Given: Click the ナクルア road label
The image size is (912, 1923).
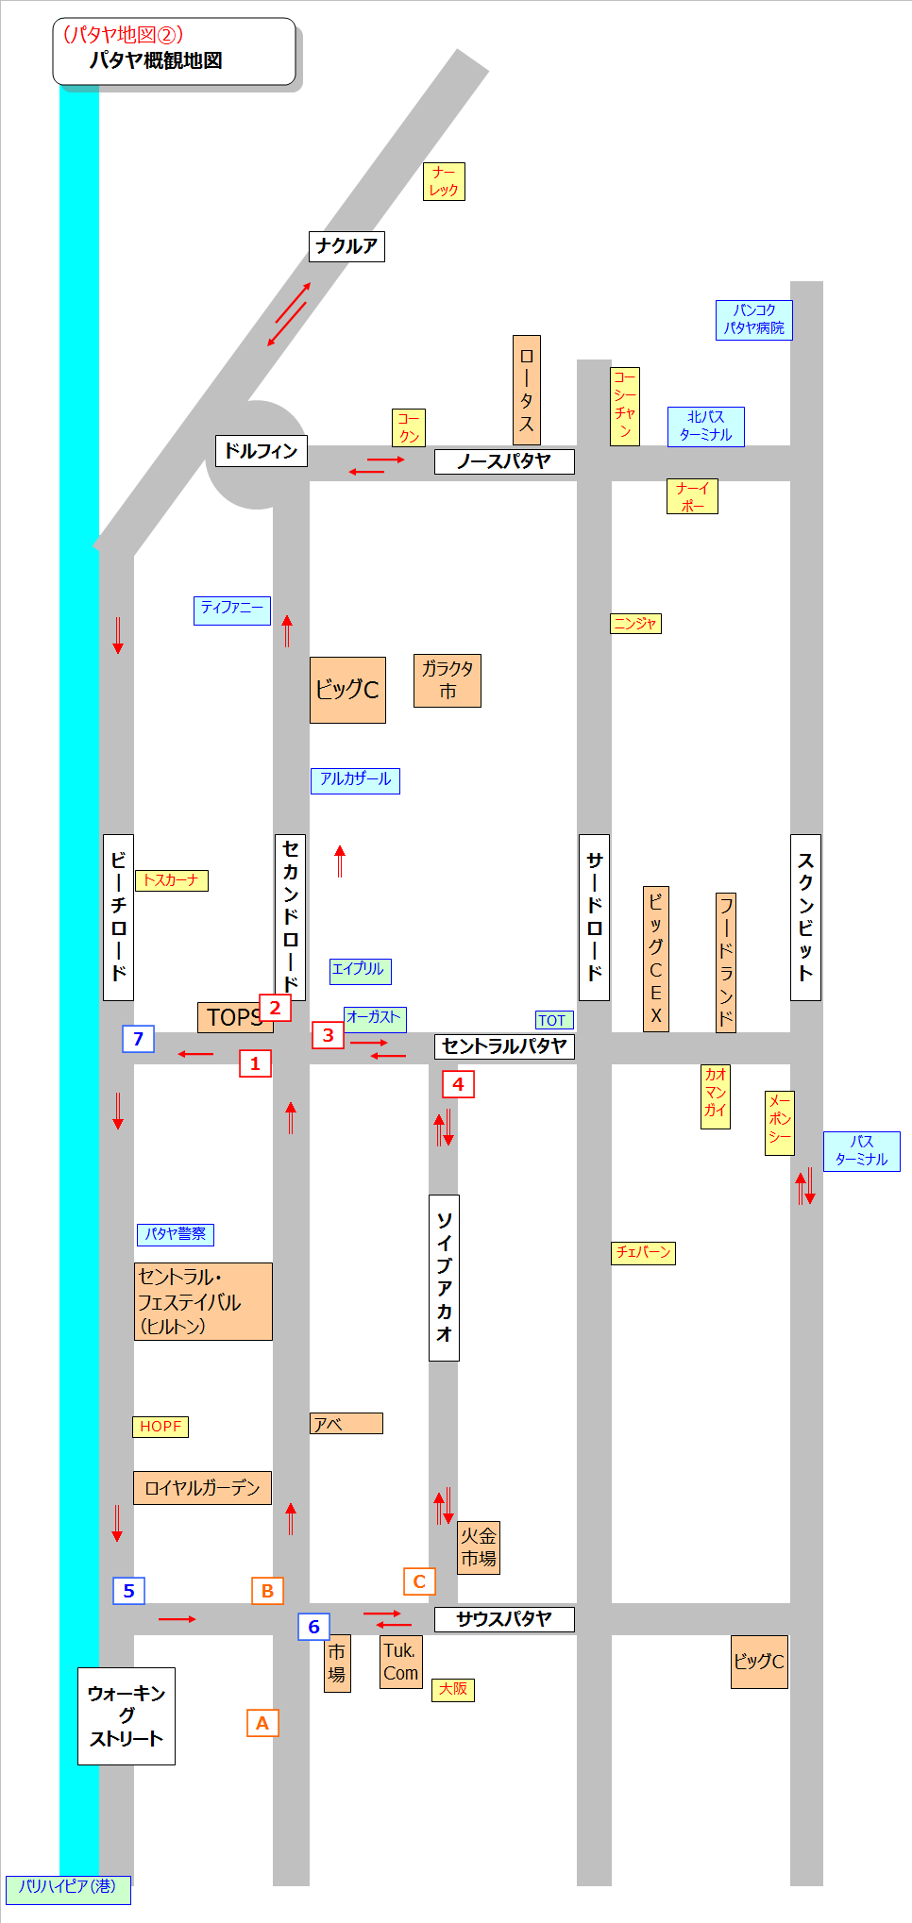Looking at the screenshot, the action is click(x=346, y=246).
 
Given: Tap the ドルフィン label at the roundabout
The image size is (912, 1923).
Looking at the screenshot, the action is click(x=261, y=451).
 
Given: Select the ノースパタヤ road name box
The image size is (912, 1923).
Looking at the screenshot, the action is click(x=504, y=461).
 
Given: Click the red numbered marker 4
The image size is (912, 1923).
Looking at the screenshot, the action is click(x=458, y=1084).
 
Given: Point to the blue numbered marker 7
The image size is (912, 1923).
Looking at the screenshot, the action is click(x=138, y=1039).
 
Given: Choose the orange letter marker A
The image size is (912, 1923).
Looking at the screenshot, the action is click(x=262, y=1723).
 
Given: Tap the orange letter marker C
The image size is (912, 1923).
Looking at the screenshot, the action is click(x=419, y=1581).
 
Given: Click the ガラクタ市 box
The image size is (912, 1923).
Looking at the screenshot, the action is click(x=448, y=680).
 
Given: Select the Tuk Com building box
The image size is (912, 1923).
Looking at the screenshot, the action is click(x=400, y=1662).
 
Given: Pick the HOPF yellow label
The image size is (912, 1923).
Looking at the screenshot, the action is click(x=160, y=1427).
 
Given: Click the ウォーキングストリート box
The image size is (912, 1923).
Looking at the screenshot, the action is click(x=127, y=1715).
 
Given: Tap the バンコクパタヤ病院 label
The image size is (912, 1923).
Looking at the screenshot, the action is click(x=753, y=319).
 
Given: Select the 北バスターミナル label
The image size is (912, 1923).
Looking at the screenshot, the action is click(x=705, y=426).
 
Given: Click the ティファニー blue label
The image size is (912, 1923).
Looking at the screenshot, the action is click(x=232, y=609).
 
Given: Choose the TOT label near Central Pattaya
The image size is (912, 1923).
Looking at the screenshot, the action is click(x=553, y=1020).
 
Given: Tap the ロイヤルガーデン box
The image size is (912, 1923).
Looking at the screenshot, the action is click(x=202, y=1488).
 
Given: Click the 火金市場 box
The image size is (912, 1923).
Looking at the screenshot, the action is click(x=479, y=1547).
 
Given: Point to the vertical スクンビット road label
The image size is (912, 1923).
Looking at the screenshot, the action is click(x=805, y=917).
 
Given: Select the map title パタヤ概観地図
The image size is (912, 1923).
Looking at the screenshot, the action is click(x=157, y=60).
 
